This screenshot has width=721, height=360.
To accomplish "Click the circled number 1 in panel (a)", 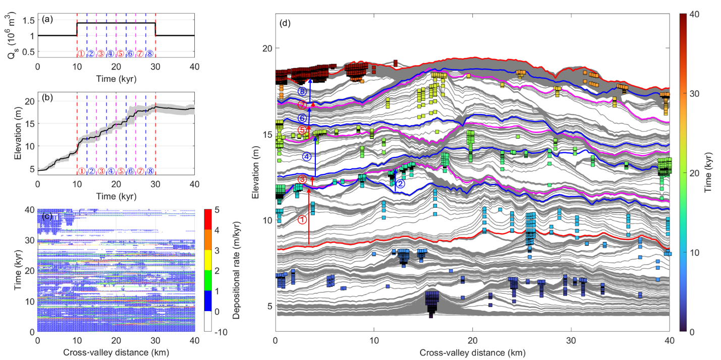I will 81,54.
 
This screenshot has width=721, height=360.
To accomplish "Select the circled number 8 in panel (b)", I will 150,171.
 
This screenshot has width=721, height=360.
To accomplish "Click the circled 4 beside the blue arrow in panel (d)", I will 306,157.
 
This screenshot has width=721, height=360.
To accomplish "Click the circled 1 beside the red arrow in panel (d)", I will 302,219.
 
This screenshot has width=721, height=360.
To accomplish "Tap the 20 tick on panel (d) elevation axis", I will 266,48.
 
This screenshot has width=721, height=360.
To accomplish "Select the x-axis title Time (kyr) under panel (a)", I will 116,79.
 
